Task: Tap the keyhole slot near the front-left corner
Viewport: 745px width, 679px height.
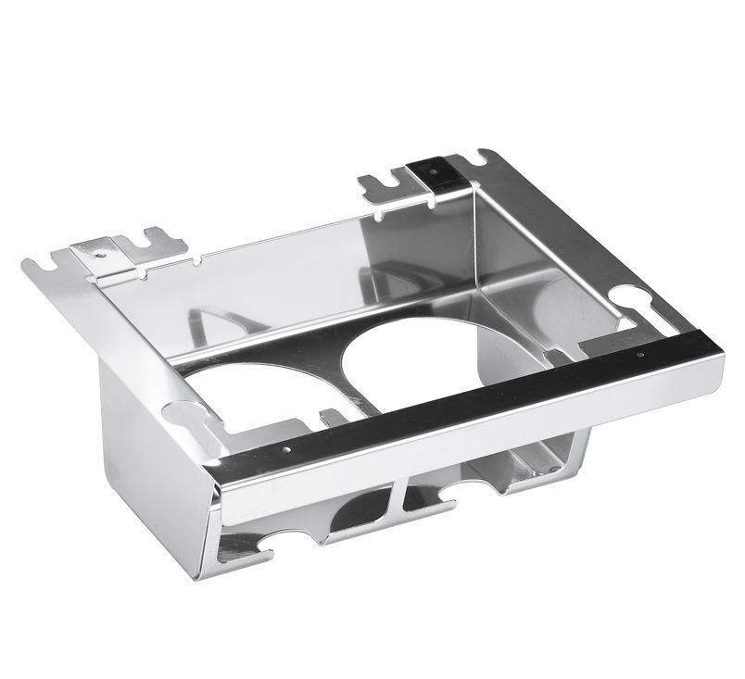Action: pyautogui.click(x=185, y=416)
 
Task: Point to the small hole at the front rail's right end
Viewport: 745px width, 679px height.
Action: pyautogui.click(x=639, y=356)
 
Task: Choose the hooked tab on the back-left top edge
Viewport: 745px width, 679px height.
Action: pyautogui.click(x=158, y=244)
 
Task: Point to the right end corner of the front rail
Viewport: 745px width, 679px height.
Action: pyautogui.click(x=718, y=352)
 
